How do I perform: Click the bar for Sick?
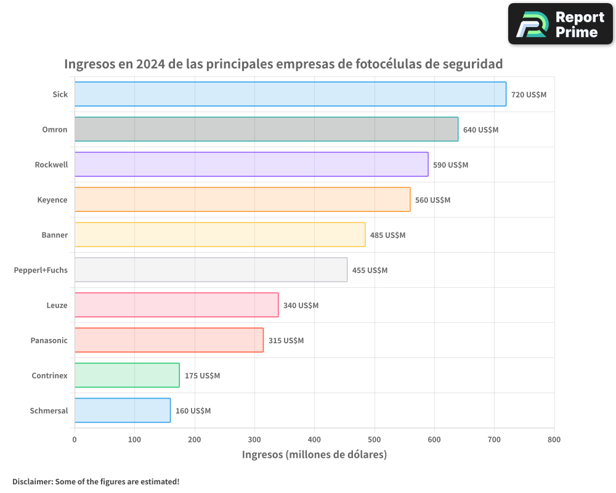(x=290, y=94)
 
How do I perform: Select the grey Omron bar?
(x=266, y=129)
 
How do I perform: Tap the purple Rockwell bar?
(x=251, y=165)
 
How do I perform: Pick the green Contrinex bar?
(x=127, y=375)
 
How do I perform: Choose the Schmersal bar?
(x=123, y=410)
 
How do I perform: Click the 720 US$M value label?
(x=529, y=95)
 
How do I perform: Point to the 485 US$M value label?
(x=387, y=235)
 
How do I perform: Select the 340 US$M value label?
(x=301, y=306)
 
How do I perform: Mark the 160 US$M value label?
(x=193, y=411)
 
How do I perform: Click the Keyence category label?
(x=52, y=200)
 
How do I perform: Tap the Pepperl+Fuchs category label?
(x=41, y=270)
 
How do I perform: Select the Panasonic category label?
(x=49, y=340)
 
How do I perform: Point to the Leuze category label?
(x=57, y=305)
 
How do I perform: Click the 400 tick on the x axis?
(x=314, y=439)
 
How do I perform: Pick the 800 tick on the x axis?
(x=554, y=439)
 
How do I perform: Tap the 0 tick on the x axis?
(x=75, y=439)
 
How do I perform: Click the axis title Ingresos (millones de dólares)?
(x=314, y=455)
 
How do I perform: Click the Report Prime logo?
(x=560, y=24)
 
